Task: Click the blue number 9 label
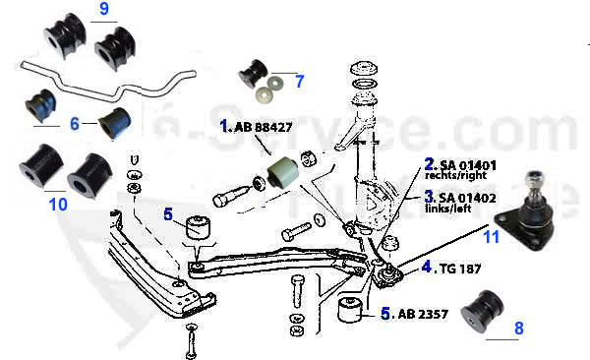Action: point(104,11)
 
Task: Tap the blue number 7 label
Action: point(299,82)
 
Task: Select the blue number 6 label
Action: point(74,124)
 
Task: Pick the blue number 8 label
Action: point(519,329)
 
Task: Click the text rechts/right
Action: point(457,176)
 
